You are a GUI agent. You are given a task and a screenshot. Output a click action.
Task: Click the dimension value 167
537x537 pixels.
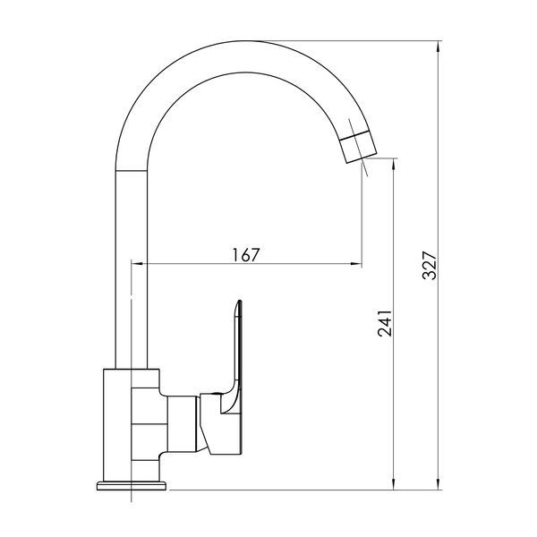246,254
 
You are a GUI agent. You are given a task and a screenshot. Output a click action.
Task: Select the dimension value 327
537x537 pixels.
429,266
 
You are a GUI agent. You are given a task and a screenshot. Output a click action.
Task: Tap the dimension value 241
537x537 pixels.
384,323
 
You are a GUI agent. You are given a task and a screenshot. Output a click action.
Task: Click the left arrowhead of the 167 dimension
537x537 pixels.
137,263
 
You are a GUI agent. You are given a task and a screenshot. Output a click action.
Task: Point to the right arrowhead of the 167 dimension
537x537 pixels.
356,263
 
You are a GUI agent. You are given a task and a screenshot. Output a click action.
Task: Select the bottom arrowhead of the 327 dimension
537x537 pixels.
438,484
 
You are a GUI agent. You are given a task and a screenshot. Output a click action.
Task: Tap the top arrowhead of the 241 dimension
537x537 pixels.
394,164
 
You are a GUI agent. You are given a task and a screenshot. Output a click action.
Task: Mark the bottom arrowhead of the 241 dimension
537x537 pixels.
394,484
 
